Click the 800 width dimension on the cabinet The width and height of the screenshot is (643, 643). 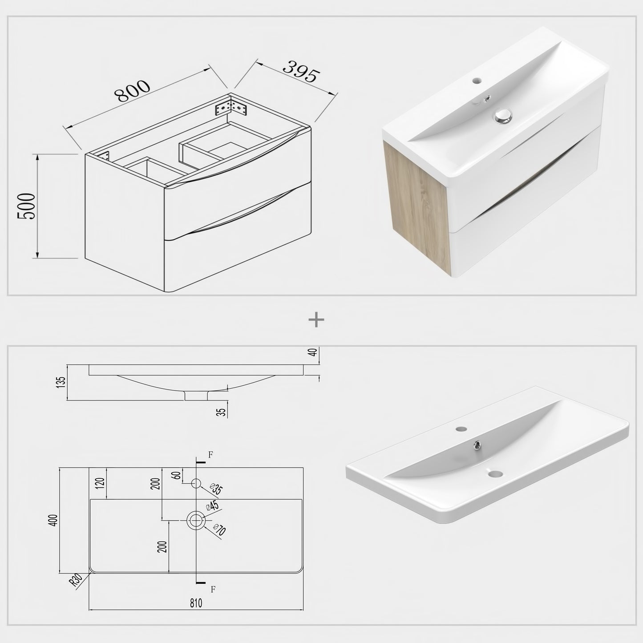(133, 90)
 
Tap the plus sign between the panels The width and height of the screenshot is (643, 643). (316, 319)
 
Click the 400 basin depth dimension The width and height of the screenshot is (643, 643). (54, 520)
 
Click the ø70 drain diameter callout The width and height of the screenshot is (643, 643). (219, 530)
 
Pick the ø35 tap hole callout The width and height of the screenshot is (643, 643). (217, 489)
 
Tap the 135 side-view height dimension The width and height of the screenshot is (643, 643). (61, 382)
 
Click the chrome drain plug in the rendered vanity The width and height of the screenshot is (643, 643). (502, 116)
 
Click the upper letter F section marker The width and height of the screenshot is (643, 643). (210, 454)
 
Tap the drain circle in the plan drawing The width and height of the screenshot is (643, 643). (196, 520)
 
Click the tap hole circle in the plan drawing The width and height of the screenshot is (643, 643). (196, 483)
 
